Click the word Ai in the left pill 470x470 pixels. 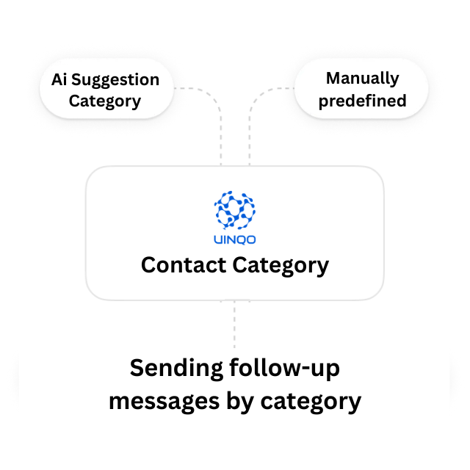tap(59, 80)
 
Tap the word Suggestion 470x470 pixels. tap(115, 81)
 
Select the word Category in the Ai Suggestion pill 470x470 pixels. tap(105, 101)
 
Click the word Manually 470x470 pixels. tap(362, 79)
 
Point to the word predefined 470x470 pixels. tap(362, 101)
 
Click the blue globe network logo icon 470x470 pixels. tap(234, 210)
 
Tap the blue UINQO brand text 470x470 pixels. tap(234, 240)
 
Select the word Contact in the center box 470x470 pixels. tap(184, 265)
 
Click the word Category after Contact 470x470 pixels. tap(281, 266)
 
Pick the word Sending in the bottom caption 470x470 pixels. tap(176, 369)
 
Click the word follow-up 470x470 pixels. tap(284, 369)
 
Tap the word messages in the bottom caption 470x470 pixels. tap(164, 402)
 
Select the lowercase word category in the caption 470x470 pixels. tap(311, 402)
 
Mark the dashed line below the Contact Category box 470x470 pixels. tap(234, 324)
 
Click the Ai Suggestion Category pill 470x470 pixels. tap(106, 89)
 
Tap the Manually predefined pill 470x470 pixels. tap(361, 89)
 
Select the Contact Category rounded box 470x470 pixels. tap(235, 233)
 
